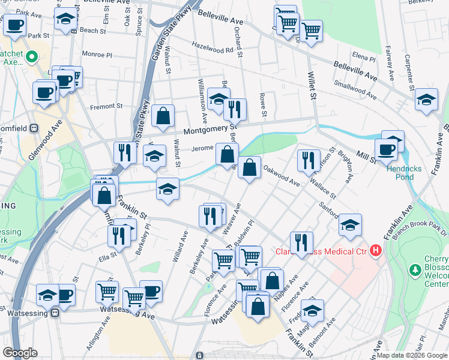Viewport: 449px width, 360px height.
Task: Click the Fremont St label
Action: (x=106, y=106)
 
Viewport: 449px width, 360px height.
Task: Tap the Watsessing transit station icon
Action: (x=55, y=312)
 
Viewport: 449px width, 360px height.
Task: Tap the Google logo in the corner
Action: (x=20, y=353)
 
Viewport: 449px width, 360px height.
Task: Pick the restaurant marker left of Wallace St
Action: (x=307, y=159)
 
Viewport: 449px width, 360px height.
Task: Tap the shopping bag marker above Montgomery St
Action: (x=163, y=115)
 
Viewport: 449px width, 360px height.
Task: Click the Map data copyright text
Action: (x=412, y=355)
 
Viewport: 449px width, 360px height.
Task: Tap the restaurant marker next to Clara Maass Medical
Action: (x=301, y=242)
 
